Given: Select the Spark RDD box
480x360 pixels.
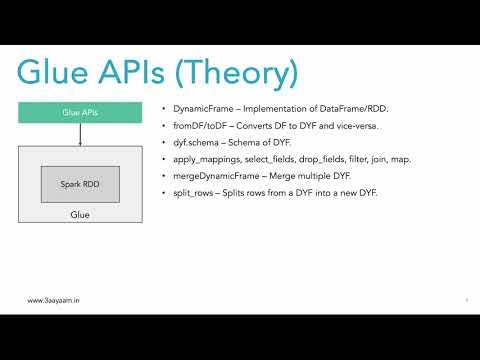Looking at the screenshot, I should point(81,184).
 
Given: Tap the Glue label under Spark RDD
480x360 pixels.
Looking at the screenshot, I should point(81,215).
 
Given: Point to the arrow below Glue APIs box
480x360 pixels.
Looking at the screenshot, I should point(81,135).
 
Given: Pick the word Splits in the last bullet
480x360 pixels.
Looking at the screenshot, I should point(234,191).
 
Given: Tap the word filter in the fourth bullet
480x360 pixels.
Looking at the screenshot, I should point(361,158).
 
